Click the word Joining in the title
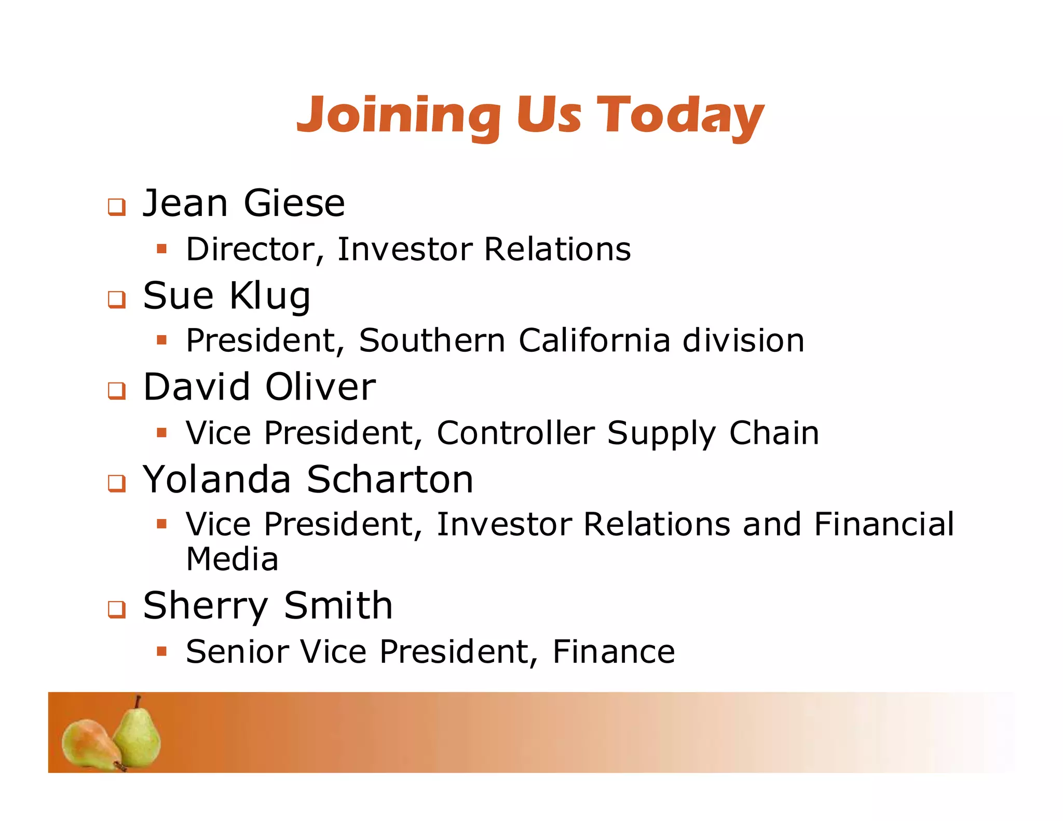[399, 115]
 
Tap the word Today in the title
[680, 115]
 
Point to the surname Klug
[270, 296]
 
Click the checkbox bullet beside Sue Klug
[117, 299]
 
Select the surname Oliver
[320, 387]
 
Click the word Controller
[515, 433]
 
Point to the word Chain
[774, 433]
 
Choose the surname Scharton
[390, 480]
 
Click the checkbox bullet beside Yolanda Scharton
[117, 483]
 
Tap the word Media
[232, 559]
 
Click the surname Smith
[338, 606]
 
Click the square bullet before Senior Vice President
[162, 651]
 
